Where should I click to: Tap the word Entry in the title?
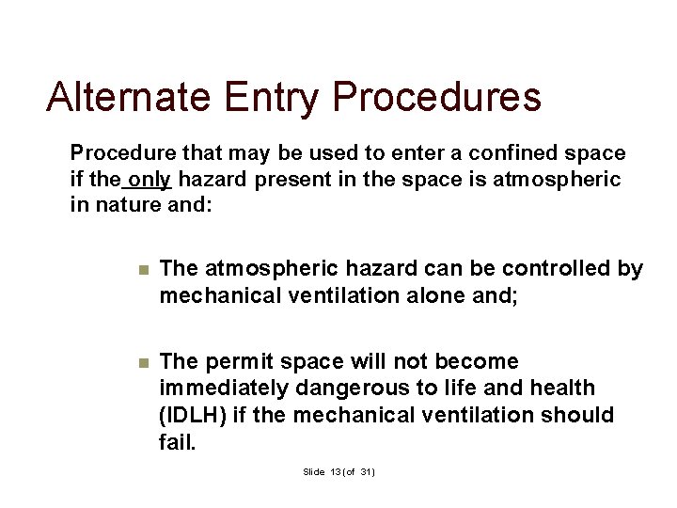click(274, 97)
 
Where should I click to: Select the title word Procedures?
click(437, 97)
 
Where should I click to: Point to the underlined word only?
click(150, 179)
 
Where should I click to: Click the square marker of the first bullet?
click(143, 270)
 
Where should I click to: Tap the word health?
click(561, 389)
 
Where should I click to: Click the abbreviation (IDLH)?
click(193, 415)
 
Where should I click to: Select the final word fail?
click(178, 441)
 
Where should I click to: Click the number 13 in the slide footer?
click(337, 471)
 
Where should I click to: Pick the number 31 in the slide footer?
click(366, 471)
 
